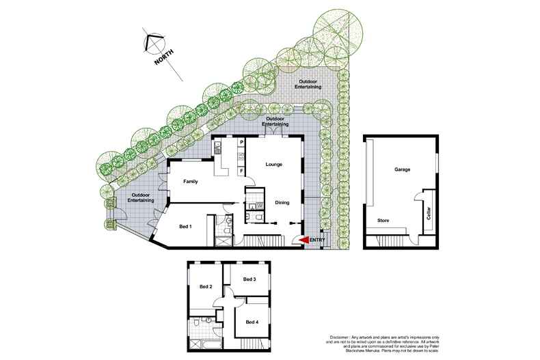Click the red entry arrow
click(x=303, y=240)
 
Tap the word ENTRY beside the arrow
click(x=317, y=240)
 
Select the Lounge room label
click(x=273, y=165)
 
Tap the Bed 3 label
click(x=249, y=279)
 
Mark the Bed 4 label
click(x=252, y=322)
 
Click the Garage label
click(x=402, y=169)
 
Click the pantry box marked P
click(x=241, y=142)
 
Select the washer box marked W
click(x=259, y=206)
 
